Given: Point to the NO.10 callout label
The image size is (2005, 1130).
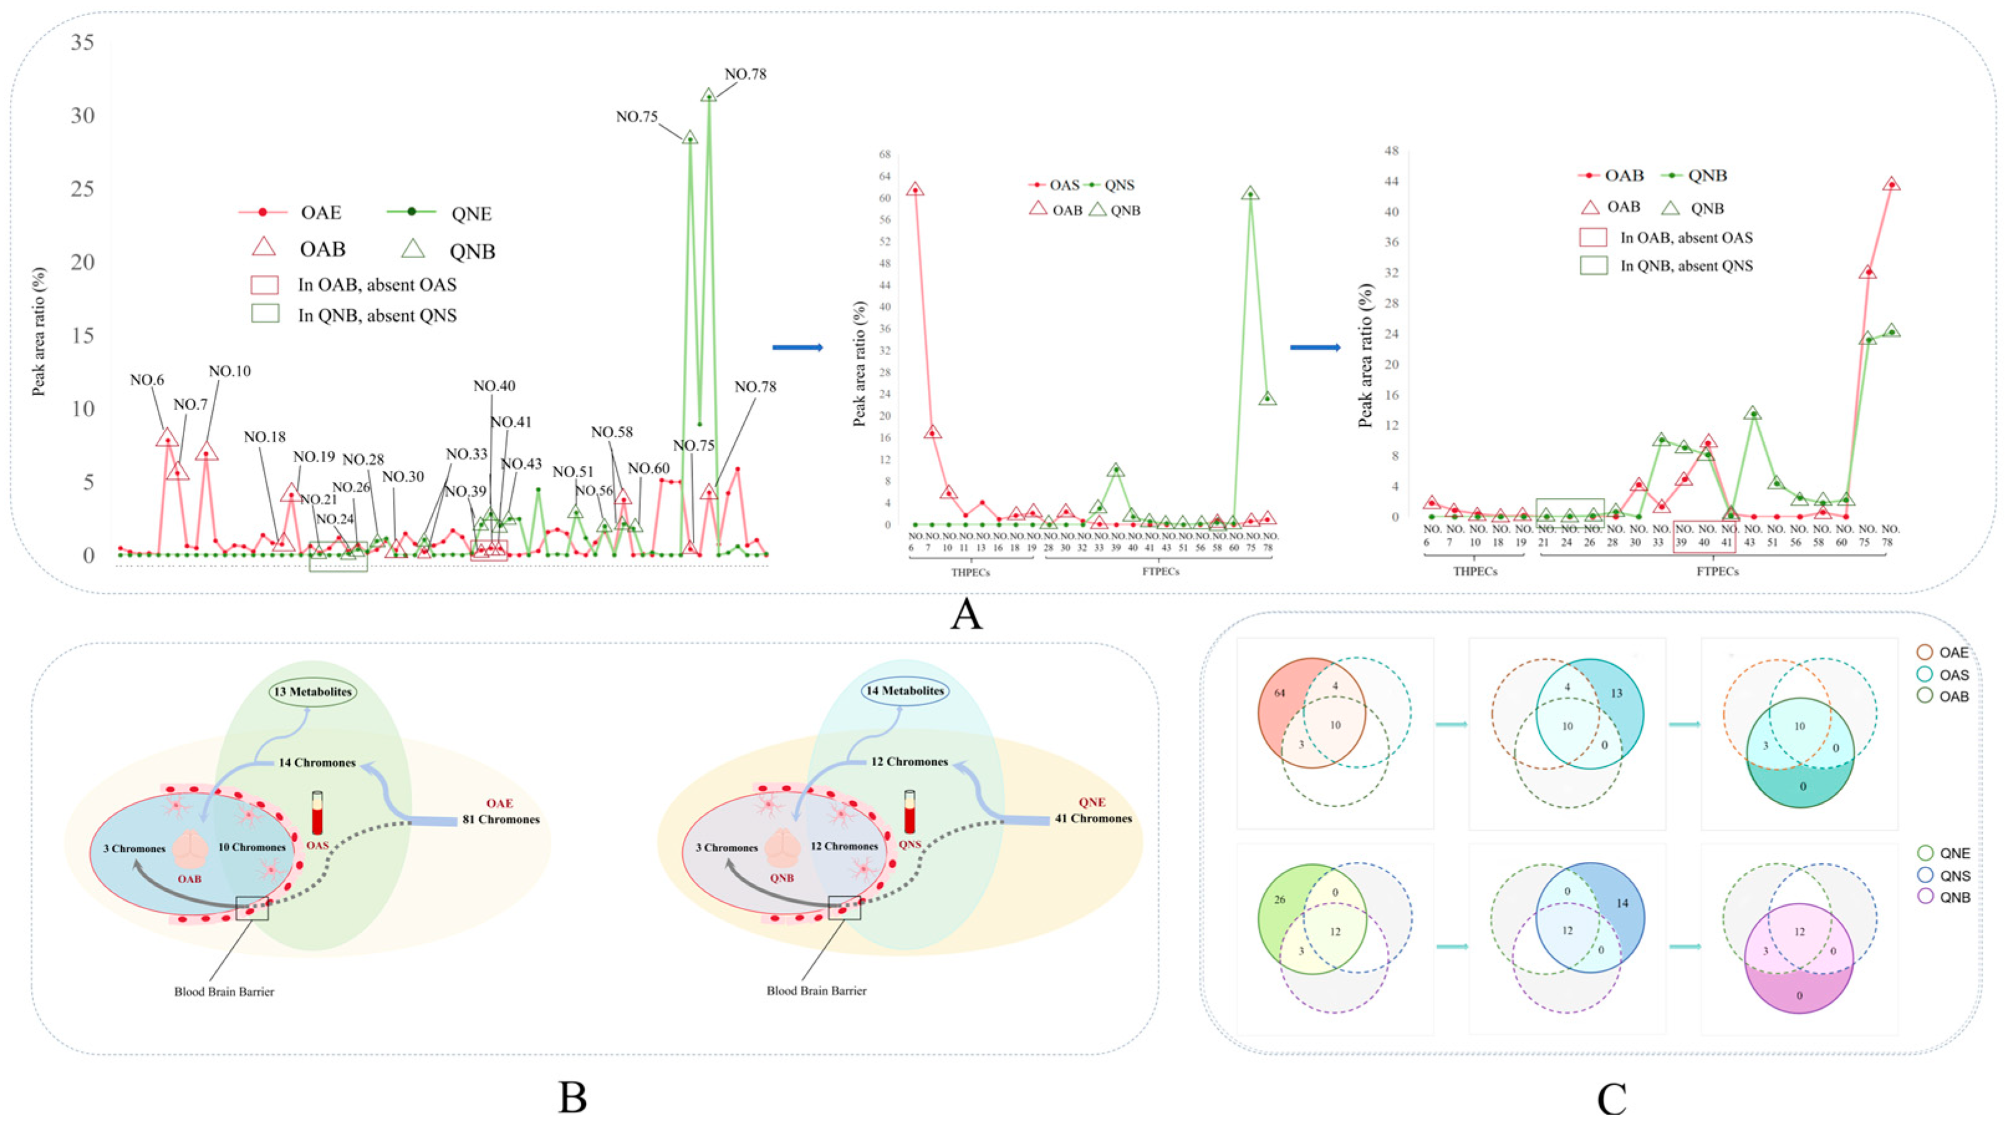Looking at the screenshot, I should (229, 372).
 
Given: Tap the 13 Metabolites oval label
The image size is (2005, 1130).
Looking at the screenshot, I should (313, 691).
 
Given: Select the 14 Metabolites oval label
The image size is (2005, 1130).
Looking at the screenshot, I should (904, 690).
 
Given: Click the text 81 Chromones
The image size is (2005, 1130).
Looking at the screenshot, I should (501, 820).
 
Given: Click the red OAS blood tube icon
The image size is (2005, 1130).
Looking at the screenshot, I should (317, 813).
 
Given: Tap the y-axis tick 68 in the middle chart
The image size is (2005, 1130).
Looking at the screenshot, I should (884, 154).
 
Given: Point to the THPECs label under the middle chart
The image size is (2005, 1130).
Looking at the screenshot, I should (971, 572).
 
